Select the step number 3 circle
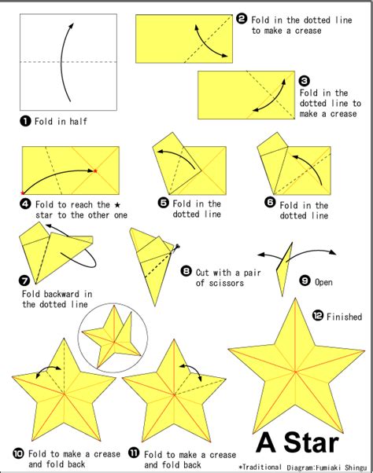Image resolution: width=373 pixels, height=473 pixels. pyautogui.click(x=305, y=80)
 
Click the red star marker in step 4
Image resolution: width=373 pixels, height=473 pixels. pyautogui.click(x=95, y=170)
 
